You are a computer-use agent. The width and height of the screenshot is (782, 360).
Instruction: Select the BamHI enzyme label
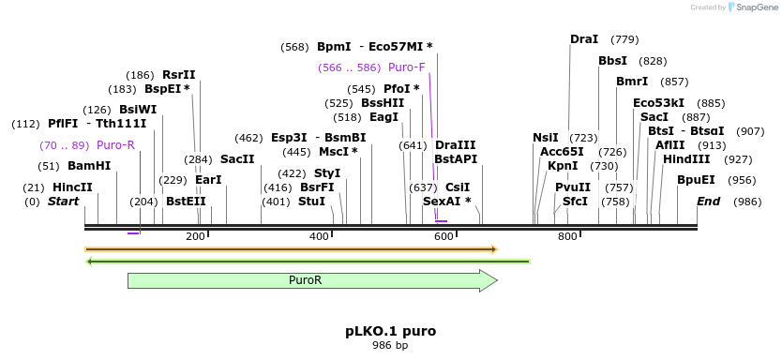click(x=89, y=166)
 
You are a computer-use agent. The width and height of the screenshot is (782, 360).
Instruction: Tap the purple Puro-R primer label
click(x=115, y=145)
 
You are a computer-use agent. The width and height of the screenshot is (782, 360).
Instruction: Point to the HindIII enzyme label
click(x=686, y=159)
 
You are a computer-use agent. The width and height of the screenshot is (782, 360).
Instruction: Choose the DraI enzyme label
click(x=584, y=39)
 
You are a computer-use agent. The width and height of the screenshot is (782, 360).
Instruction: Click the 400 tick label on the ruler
click(x=320, y=236)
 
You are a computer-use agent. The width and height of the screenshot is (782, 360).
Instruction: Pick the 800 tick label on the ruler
click(x=567, y=236)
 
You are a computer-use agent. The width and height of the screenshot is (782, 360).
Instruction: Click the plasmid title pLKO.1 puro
click(x=390, y=331)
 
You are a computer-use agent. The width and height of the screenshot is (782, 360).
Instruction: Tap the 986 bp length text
click(x=390, y=346)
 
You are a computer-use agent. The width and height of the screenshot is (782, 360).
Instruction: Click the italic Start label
click(x=64, y=202)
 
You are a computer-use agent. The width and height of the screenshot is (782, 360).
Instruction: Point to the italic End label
click(x=709, y=202)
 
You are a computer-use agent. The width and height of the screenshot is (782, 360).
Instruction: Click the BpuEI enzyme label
click(x=696, y=180)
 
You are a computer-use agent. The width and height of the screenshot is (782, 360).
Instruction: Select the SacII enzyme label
click(x=237, y=159)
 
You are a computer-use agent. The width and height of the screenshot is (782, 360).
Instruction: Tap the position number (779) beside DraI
click(x=624, y=39)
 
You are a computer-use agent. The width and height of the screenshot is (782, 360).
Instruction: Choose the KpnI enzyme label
click(x=563, y=166)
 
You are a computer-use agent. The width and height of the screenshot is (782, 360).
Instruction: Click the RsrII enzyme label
click(x=178, y=75)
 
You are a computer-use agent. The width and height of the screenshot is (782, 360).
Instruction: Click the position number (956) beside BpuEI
click(x=742, y=180)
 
